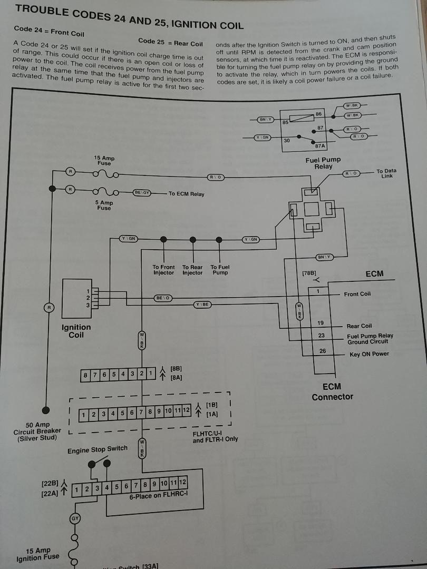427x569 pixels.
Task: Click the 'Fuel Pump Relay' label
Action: [323, 163]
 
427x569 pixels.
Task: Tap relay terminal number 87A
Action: [319, 146]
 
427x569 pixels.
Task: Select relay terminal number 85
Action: [285, 123]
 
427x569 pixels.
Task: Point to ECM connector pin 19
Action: [321, 322]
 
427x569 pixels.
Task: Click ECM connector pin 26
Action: [322, 351]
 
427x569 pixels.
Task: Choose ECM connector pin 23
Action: [322, 336]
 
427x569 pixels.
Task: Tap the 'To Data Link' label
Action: [386, 173]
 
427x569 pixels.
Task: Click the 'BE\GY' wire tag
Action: [142, 193]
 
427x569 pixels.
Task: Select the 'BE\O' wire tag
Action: [162, 298]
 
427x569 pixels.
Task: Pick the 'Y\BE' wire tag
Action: [202, 305]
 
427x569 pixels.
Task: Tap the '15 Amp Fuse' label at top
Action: [104, 161]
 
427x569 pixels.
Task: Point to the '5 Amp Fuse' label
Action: [104, 205]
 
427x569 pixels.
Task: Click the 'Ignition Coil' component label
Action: [76, 331]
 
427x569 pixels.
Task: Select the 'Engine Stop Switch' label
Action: [97, 449]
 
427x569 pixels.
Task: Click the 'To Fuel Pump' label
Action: [220, 270]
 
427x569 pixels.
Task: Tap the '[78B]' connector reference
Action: [309, 273]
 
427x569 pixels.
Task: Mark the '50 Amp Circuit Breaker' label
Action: [37, 431]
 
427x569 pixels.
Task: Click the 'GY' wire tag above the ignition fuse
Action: [75, 519]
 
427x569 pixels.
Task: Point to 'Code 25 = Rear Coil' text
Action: [170, 42]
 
